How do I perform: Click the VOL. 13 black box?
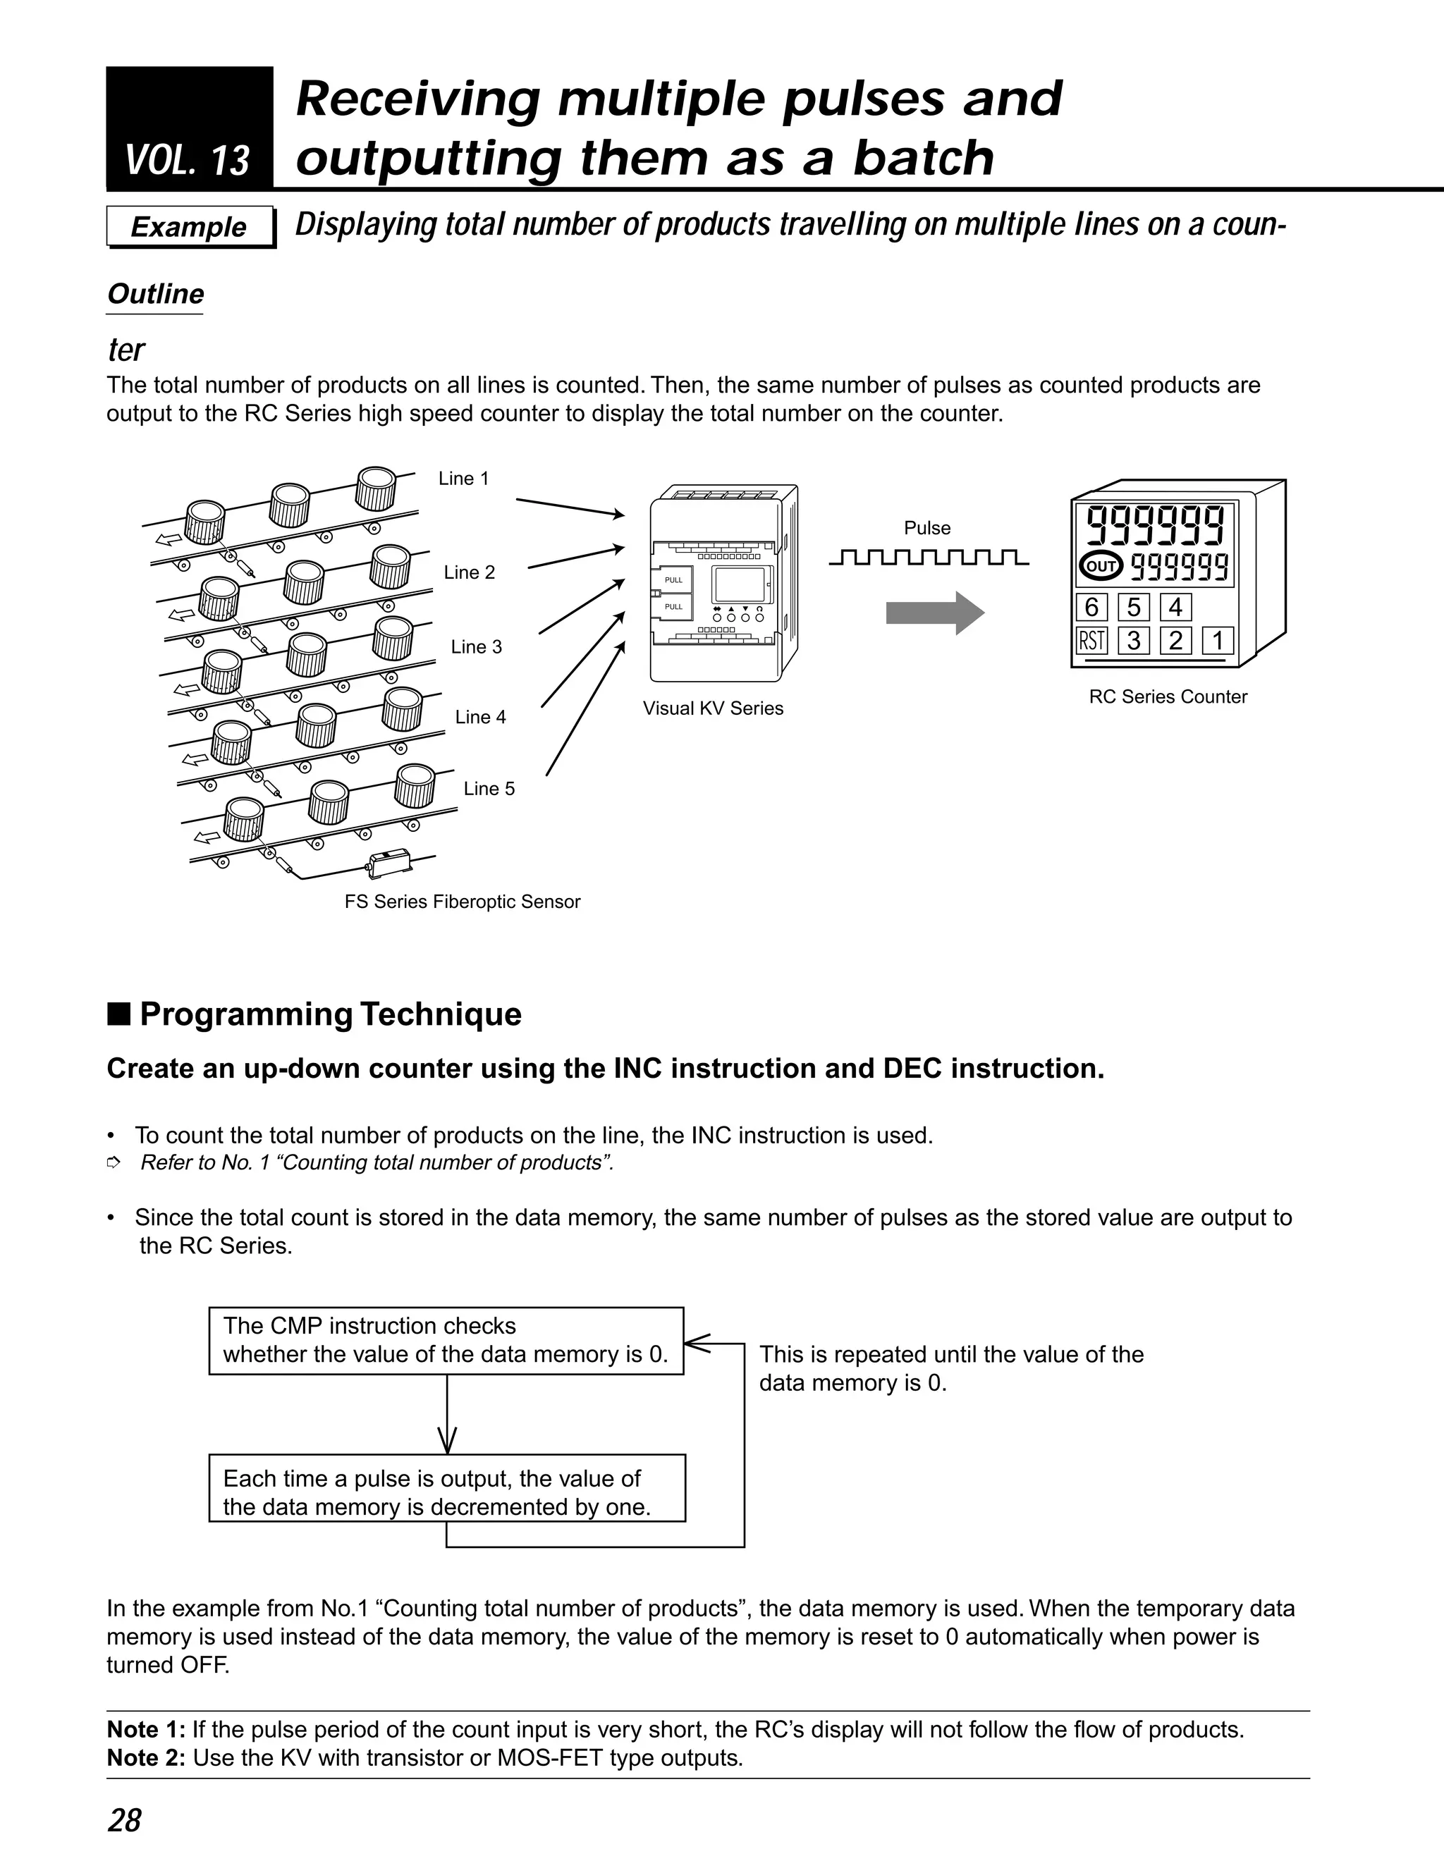(x=189, y=128)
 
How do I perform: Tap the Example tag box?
(x=189, y=227)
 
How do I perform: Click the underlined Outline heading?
(x=155, y=294)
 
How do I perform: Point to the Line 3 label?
(x=476, y=646)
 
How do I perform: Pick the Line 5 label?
(x=489, y=789)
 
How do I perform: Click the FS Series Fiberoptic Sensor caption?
(x=462, y=902)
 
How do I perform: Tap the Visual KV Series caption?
(x=713, y=708)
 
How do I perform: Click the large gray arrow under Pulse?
(x=934, y=613)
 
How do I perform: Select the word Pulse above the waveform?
(x=926, y=528)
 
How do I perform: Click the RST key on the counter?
(x=1091, y=641)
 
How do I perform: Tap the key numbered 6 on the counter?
(x=1091, y=607)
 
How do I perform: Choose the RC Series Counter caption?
(x=1168, y=696)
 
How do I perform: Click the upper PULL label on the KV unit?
(x=673, y=580)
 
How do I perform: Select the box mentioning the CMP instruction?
(x=446, y=1340)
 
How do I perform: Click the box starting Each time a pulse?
(x=446, y=1492)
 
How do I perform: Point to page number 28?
(x=124, y=1821)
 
